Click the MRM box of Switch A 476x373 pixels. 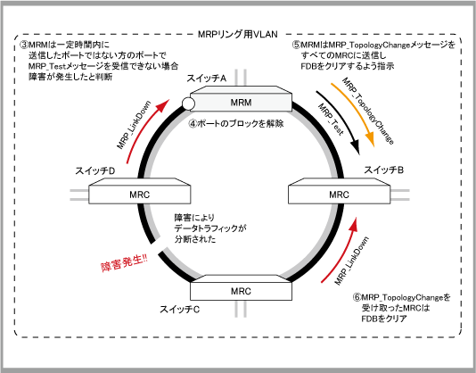pyautogui.click(x=241, y=99)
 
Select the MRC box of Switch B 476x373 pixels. pyautogui.click(x=339, y=191)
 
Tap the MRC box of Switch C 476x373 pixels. pyautogui.click(x=241, y=287)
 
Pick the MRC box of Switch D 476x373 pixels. pyautogui.click(x=140, y=191)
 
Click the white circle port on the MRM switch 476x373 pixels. pyautogui.click(x=188, y=104)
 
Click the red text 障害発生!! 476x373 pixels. pyautogui.click(x=124, y=262)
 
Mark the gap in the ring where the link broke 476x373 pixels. pyautogui.click(x=157, y=246)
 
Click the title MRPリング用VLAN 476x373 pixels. pyautogui.click(x=238, y=34)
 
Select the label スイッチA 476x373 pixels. pyautogui.click(x=207, y=79)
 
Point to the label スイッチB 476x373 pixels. pyautogui.click(x=383, y=170)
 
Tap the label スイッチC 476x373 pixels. pyautogui.click(x=180, y=310)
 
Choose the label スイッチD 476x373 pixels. pyautogui.click(x=95, y=170)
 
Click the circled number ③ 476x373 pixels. pyautogui.click(x=24, y=45)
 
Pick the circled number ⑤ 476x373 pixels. pyautogui.click(x=297, y=45)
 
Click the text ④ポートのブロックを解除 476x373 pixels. pyautogui.click(x=236, y=124)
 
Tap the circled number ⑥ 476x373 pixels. pyautogui.click(x=357, y=297)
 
